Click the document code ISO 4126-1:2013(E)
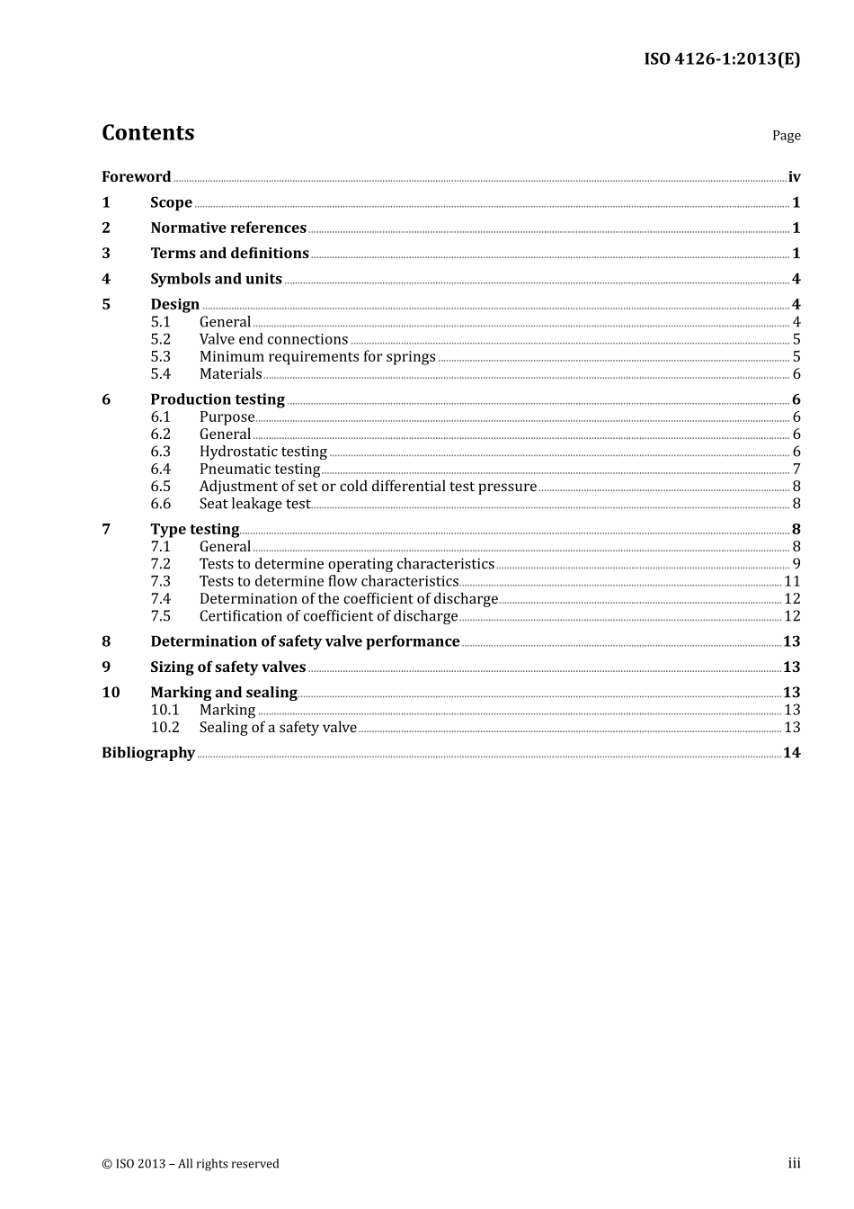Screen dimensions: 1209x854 721,59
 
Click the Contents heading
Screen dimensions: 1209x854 147,133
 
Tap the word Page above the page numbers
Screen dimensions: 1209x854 786,136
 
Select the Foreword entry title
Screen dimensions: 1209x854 136,177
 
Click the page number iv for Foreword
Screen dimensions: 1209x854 794,177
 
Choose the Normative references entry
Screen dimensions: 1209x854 228,228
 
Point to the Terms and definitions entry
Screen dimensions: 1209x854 229,254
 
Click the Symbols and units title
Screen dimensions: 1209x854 216,279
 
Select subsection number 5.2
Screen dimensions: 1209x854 160,339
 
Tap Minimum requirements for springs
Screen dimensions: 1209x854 317,357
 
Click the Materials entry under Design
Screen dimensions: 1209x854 230,374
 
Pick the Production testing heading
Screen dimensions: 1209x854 218,399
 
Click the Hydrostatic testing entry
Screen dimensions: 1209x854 262,452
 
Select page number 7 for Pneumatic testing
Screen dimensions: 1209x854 796,470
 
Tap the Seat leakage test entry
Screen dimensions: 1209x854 254,504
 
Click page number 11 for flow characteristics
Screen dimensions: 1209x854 792,582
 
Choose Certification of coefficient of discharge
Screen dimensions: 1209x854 328,616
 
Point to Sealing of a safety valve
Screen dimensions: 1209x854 278,728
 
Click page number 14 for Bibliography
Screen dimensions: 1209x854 791,753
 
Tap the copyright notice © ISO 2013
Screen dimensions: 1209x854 190,1164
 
